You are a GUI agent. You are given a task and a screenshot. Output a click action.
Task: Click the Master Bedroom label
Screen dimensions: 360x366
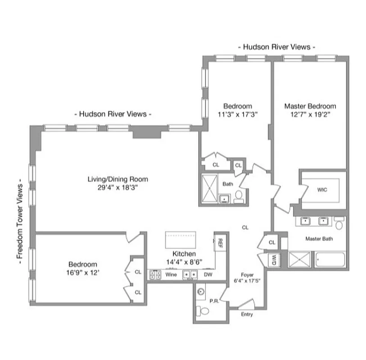coord(310,106)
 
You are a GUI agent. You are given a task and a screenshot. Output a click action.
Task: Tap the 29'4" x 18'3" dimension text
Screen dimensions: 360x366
coord(117,188)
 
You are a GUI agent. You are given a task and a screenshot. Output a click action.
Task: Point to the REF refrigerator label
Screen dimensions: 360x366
coord(220,243)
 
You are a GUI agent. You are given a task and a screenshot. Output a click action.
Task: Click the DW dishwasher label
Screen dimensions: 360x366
coord(208,274)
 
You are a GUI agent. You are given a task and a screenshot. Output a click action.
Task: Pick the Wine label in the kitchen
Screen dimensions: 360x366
coord(171,274)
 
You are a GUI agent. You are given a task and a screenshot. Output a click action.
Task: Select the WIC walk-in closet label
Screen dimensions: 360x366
coord(322,189)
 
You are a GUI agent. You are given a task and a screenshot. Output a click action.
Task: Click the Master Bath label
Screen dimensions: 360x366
coord(319,238)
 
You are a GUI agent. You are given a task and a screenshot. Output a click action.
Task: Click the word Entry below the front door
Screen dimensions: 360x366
coord(247,314)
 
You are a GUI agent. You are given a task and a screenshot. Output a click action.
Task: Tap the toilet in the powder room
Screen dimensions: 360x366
coord(204,311)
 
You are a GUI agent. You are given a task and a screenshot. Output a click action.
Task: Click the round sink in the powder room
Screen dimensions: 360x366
coord(201,291)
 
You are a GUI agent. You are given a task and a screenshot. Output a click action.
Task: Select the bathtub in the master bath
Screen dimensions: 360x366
coord(330,260)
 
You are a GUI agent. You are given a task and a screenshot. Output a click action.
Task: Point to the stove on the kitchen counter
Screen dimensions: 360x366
coord(155,274)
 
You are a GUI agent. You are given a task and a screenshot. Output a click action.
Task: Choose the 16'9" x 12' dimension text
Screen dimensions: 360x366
coord(83,272)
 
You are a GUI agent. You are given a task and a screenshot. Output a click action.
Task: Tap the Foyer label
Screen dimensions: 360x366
coord(247,274)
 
